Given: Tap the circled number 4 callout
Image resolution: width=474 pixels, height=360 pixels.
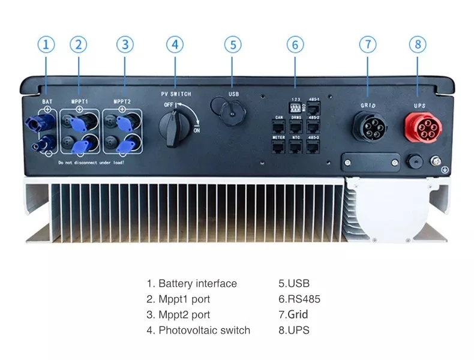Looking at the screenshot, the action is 175,44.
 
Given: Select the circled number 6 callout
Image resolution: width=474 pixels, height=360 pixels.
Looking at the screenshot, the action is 295,44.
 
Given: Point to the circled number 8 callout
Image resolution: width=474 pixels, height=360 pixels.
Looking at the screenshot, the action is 418,44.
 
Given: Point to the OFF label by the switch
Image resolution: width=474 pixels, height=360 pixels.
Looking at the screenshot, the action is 168,104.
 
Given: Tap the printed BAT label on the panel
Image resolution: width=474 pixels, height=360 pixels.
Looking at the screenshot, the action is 47,102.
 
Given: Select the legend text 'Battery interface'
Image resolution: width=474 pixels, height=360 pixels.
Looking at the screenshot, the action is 197,284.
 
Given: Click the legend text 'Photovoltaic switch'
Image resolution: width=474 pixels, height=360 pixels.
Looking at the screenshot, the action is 204,330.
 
